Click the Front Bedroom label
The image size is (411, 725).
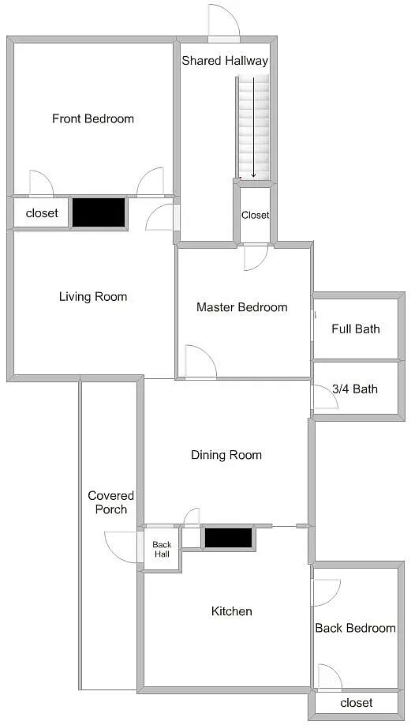pos(93,118)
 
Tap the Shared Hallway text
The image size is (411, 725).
pos(225,61)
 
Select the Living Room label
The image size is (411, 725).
pos(93,296)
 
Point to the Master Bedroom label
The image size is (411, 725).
pos(242,307)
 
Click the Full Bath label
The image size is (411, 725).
pos(356,329)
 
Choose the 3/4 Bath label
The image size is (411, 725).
pos(355,389)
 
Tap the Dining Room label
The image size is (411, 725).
pos(226,455)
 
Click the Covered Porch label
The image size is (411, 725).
pos(110,502)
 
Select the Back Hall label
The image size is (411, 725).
pos(162,550)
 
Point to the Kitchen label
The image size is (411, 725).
pos(232,611)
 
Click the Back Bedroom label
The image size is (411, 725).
pos(355,628)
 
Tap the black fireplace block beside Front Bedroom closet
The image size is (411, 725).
pos(99,212)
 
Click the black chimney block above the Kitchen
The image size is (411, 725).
pos(229,538)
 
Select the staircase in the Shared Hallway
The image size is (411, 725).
pos(253,128)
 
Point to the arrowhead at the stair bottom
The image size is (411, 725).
pos(253,175)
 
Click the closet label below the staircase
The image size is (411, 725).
pos(256,215)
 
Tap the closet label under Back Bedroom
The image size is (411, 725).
pos(356,703)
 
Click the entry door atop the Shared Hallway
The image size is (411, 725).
pos(224,23)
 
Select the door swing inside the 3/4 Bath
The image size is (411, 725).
pos(325,397)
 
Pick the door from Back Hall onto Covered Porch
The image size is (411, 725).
pos(123,547)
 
